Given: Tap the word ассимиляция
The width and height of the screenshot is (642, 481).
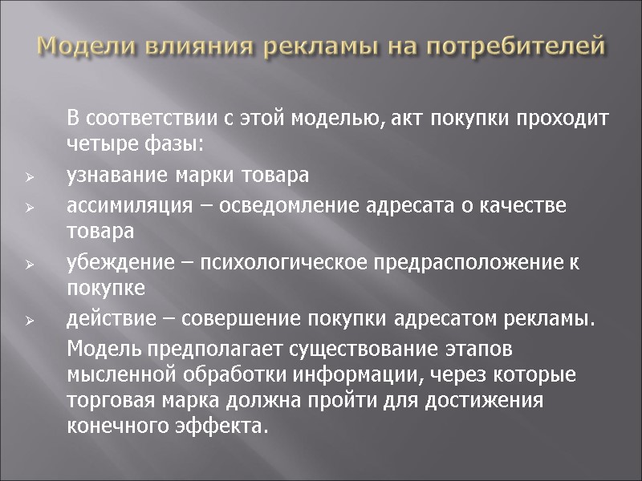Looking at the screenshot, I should (128, 205).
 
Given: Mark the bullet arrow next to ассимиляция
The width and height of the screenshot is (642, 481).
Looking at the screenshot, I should (28, 207).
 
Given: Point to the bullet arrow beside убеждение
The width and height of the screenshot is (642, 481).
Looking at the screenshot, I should (28, 263).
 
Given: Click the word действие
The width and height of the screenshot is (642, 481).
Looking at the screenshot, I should (104, 319).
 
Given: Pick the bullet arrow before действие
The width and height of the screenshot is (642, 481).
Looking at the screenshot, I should (28, 321).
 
